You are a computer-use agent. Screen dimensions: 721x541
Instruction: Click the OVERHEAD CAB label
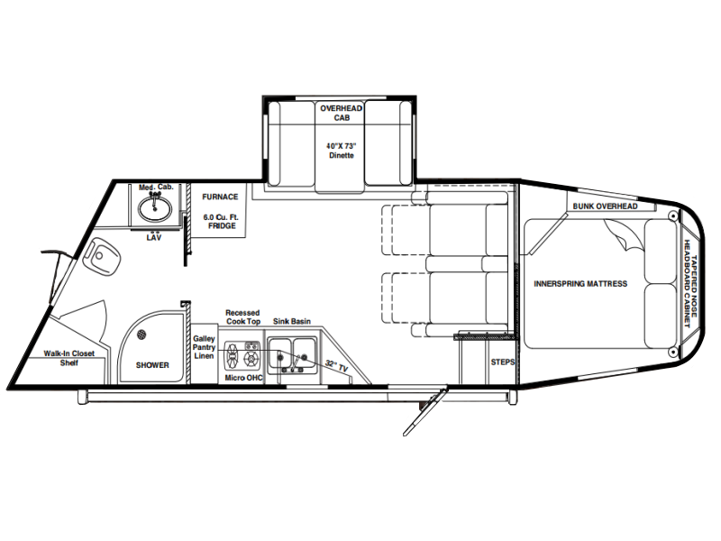pos(342,113)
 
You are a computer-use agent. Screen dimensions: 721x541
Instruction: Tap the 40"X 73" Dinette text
pos(342,151)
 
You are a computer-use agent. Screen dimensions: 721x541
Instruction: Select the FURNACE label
pos(220,197)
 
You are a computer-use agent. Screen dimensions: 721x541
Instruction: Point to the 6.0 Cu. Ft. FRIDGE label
pos(221,221)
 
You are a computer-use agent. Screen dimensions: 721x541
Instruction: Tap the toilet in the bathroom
pos(102,256)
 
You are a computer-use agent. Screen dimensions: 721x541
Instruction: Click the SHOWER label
pos(152,365)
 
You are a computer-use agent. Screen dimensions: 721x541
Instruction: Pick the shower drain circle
pos(142,335)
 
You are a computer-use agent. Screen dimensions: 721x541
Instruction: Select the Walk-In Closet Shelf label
pos(69,358)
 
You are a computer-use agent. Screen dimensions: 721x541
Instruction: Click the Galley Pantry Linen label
pos(204,347)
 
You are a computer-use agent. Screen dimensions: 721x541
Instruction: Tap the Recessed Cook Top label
pos(242,317)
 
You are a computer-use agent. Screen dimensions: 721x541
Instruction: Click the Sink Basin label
pos(292,321)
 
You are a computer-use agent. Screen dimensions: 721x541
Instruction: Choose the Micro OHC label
pos(243,378)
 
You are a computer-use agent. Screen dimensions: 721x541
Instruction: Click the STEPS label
pos(503,362)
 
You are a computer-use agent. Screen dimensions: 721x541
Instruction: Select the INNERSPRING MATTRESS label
pos(580,284)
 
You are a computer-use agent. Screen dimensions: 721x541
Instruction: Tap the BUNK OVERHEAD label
pos(605,206)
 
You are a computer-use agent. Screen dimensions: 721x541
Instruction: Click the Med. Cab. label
pos(156,188)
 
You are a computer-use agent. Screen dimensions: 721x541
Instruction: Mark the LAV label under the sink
pos(154,238)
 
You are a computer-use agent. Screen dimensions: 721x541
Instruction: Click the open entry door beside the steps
pos(424,413)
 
